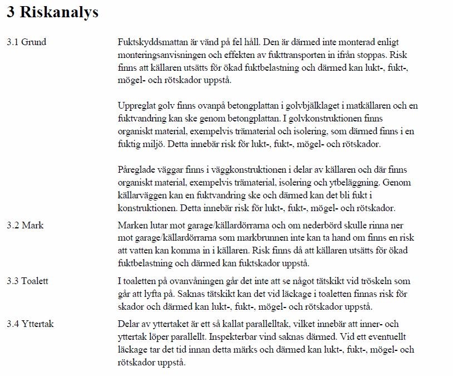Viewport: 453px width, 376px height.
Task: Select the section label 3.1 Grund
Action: point(26,42)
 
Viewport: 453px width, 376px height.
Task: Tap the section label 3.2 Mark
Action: point(25,226)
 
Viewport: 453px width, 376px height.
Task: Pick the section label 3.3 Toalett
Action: point(27,281)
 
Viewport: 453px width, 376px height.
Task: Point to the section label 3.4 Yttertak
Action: point(30,324)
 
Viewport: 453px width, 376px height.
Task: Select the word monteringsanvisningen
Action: point(159,56)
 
